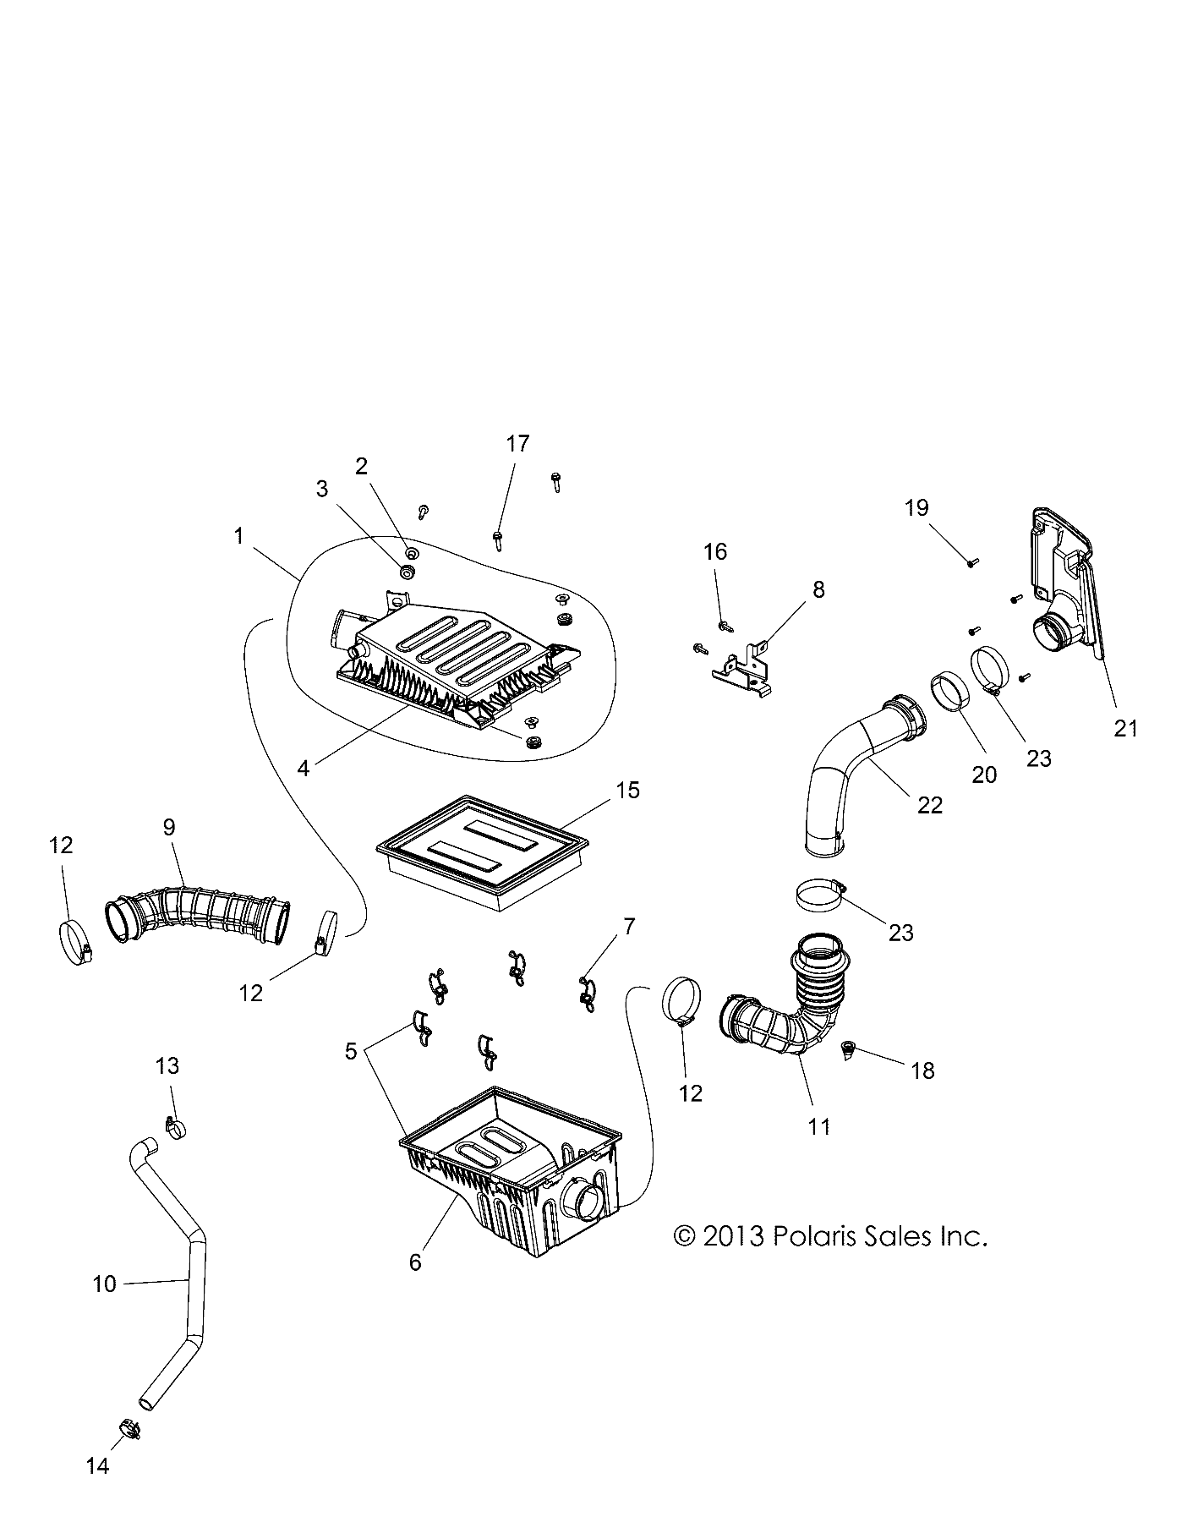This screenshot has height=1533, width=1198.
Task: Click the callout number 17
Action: pyautogui.click(x=517, y=443)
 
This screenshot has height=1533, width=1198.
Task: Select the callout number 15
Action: pyautogui.click(x=628, y=790)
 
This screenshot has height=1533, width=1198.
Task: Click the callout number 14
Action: pyautogui.click(x=98, y=1465)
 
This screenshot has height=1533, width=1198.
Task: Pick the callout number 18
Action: pyautogui.click(x=922, y=1070)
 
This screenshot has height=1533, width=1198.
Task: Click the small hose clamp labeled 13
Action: pyautogui.click(x=176, y=1126)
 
